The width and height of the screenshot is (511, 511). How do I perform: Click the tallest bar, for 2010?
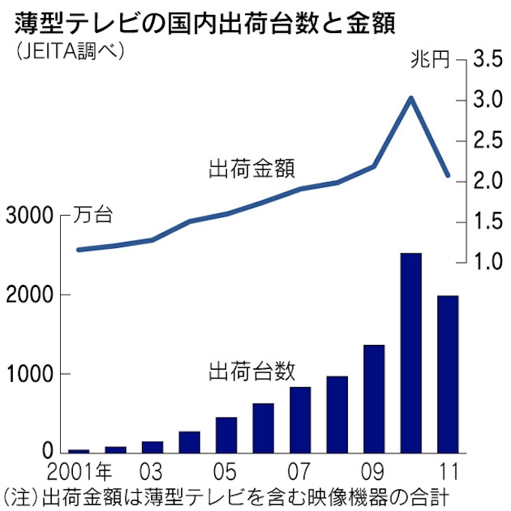coord(410,353)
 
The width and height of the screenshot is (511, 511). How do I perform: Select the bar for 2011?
coord(447,374)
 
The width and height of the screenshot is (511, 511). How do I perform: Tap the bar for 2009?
coord(373,398)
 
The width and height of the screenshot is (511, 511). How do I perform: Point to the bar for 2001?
coord(79,450)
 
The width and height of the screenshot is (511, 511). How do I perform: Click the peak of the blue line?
coord(410,98)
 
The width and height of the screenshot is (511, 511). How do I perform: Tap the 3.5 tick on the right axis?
coord(487,60)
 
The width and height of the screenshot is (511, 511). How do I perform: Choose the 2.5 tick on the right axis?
coord(487,141)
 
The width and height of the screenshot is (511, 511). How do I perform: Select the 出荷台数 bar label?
coord(251,370)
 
